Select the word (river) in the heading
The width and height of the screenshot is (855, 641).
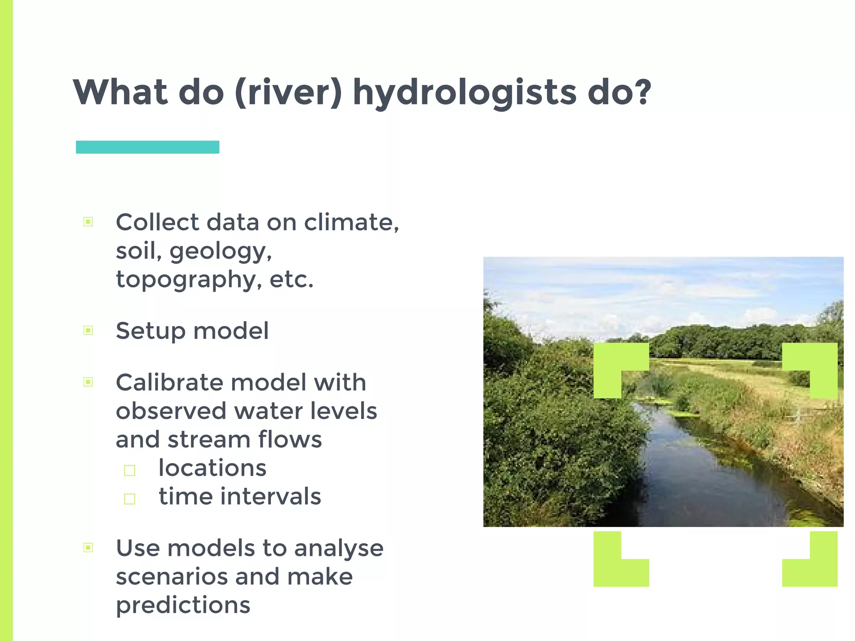[x=288, y=93]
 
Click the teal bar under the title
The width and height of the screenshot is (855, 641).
[x=147, y=147]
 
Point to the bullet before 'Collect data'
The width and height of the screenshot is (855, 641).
[x=88, y=222]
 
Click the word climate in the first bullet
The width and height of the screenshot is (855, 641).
[x=351, y=222]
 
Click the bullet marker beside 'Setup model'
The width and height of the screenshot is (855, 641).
[x=88, y=331]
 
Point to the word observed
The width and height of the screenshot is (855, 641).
[x=171, y=411]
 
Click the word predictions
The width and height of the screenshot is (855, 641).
[x=183, y=606]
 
